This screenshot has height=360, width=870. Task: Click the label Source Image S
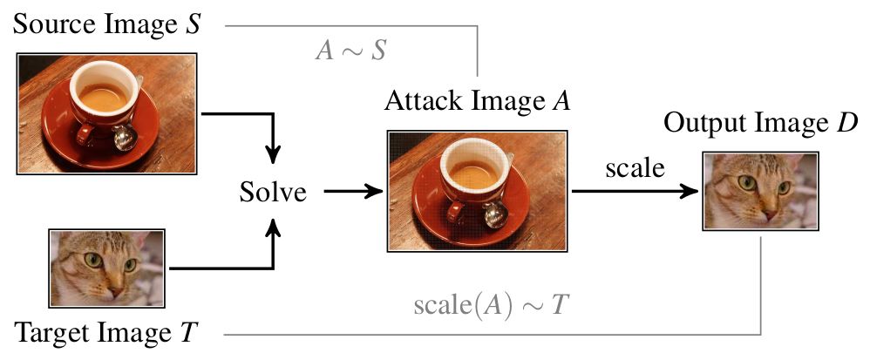point(107,25)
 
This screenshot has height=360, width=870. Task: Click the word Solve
point(273,191)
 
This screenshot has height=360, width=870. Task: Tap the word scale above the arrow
point(635,168)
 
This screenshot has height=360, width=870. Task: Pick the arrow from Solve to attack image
point(349,191)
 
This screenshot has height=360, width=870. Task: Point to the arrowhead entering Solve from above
point(274,157)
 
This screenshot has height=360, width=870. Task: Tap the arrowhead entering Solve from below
point(274,226)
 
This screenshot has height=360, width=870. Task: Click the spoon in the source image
point(124,136)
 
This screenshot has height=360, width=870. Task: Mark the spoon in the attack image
point(495,212)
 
